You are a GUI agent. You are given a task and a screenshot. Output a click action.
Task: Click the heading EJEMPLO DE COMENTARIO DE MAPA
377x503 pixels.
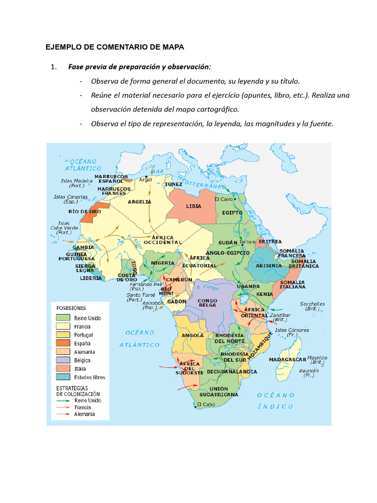click(114, 47)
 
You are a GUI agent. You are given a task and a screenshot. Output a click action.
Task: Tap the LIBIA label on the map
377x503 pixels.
click(193, 206)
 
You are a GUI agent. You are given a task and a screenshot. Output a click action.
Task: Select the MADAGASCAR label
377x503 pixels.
click(288, 360)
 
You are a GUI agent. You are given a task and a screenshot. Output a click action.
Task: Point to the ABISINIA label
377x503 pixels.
click(269, 265)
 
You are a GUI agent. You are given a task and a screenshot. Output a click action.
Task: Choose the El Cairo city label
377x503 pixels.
click(223, 199)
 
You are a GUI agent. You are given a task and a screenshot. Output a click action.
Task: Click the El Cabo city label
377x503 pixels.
click(206, 405)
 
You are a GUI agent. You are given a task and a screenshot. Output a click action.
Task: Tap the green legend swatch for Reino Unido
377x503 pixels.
click(63, 318)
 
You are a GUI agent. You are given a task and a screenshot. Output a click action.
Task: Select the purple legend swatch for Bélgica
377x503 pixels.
click(63, 360)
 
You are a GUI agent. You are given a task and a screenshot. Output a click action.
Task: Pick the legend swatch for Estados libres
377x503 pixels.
click(63, 377)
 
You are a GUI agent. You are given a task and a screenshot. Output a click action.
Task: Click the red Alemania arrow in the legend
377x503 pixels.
click(63, 414)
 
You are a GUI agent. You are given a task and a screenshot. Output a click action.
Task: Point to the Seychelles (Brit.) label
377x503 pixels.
click(312, 306)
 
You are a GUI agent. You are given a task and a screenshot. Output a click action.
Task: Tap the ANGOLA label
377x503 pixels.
click(192, 335)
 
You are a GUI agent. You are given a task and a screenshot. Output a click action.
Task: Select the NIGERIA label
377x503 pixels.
click(163, 263)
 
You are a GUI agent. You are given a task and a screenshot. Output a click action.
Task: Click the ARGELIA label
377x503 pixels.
click(139, 201)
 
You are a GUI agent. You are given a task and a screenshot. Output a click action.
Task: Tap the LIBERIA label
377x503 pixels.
click(91, 278)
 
